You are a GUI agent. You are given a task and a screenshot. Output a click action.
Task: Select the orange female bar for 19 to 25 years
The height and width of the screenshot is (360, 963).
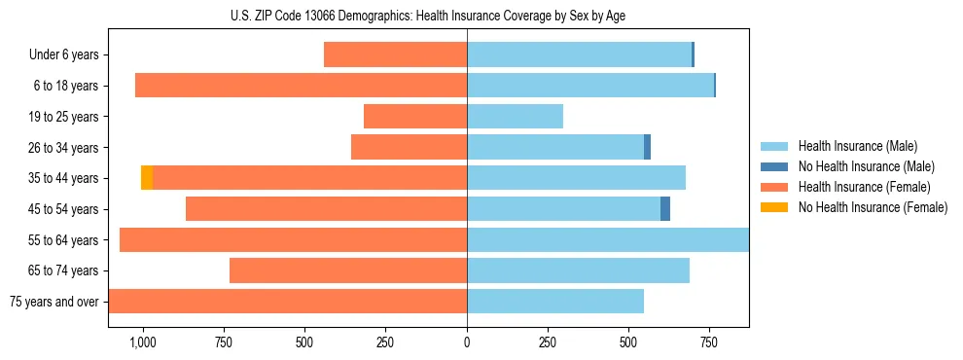[x=415, y=117]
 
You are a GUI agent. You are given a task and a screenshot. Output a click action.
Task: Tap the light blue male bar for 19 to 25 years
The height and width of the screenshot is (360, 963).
[x=515, y=117]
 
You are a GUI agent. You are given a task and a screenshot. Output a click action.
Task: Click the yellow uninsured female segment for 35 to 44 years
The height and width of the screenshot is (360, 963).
[x=147, y=178]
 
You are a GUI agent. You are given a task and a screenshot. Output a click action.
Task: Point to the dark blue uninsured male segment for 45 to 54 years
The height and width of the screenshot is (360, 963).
[x=665, y=209]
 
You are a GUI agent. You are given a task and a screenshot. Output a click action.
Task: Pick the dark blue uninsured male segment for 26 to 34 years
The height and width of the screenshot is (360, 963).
[x=647, y=148]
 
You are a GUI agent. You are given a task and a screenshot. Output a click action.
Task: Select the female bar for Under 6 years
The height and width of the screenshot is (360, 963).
[x=395, y=55]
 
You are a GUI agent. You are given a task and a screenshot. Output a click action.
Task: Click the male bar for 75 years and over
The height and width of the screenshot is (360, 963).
[x=555, y=302]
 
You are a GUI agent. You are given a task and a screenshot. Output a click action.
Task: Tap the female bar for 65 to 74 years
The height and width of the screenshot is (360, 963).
[x=348, y=270]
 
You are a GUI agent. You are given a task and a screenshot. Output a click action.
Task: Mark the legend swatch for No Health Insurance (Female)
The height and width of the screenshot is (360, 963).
[x=774, y=207]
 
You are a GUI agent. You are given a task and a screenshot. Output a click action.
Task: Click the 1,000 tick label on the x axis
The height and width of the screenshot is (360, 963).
[x=143, y=342]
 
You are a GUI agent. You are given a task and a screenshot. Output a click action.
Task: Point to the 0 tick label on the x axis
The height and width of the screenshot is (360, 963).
[x=467, y=342]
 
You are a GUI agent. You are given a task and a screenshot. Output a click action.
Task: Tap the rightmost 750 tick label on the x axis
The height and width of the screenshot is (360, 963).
[x=709, y=342]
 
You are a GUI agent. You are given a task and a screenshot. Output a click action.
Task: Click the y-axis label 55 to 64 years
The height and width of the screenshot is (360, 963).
[x=63, y=240]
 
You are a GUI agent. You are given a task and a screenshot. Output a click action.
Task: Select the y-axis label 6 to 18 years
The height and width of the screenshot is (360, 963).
[x=66, y=87]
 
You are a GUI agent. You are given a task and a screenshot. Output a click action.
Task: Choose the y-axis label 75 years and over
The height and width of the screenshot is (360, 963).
[x=54, y=302]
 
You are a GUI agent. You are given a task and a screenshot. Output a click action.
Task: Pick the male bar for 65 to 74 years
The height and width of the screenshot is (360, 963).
[x=578, y=270]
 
